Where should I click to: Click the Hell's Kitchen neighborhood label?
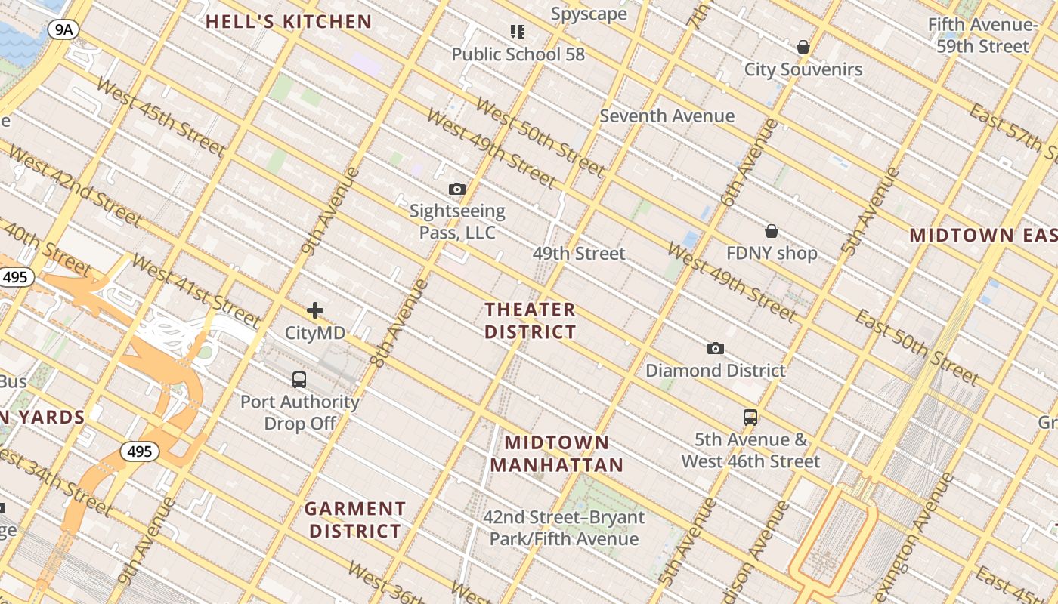pyautogui.click(x=289, y=22)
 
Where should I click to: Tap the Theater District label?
pyautogui.click(x=531, y=321)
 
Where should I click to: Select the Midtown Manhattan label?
pyautogui.click(x=557, y=454)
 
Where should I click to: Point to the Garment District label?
pyautogui.click(x=355, y=520)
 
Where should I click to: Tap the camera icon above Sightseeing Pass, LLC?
pyautogui.click(x=456, y=189)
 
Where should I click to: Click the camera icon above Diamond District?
pyautogui.click(x=715, y=348)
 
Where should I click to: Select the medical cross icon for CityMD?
pyautogui.click(x=314, y=310)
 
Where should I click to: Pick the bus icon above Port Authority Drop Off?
pyautogui.click(x=299, y=380)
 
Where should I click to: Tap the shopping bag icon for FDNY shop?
pyautogui.click(x=772, y=231)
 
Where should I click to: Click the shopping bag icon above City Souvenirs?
pyautogui.click(x=803, y=48)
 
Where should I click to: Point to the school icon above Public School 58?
pyautogui.click(x=518, y=32)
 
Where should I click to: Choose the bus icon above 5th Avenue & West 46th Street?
pyautogui.click(x=750, y=418)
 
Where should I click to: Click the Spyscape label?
pyautogui.click(x=589, y=14)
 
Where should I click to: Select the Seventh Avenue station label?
pyautogui.click(x=667, y=116)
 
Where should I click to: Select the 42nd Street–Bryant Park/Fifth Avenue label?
pyautogui.click(x=564, y=528)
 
